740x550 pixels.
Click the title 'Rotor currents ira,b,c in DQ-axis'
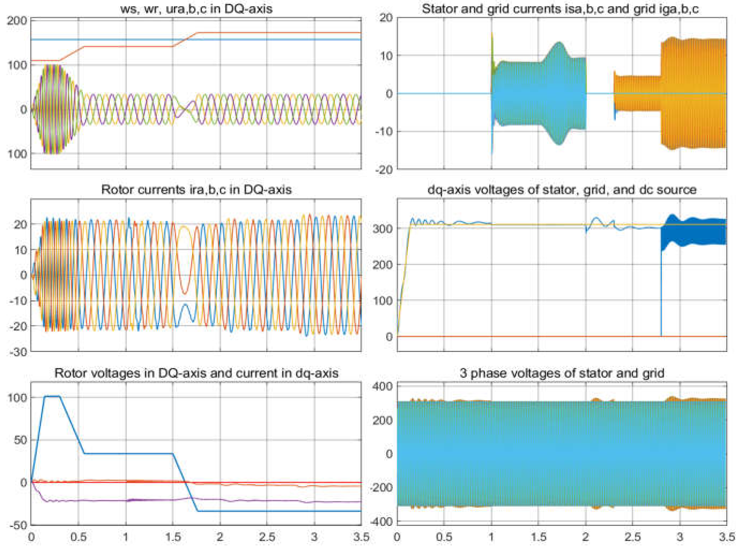(196, 190)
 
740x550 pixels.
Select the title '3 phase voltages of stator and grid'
(562, 373)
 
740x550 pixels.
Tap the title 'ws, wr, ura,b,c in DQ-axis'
(196, 9)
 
